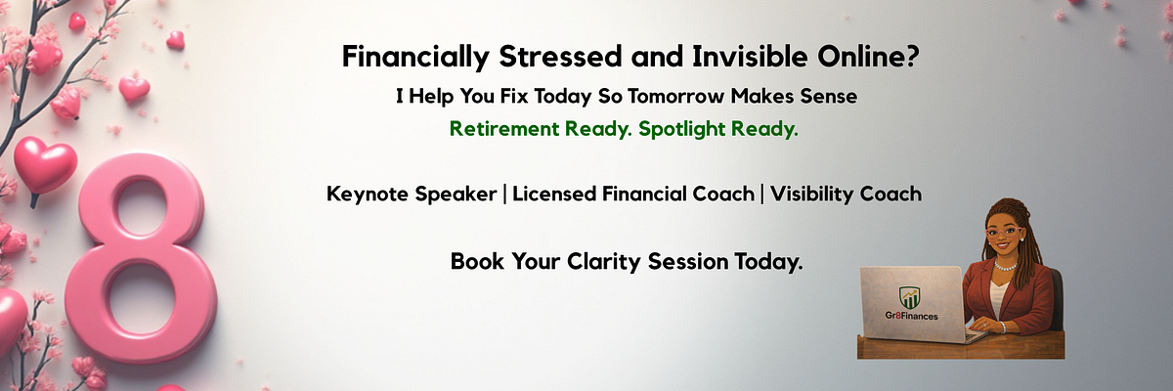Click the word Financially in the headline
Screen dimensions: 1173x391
415,57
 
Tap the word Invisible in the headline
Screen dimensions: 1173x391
750,56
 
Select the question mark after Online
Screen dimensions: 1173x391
912,56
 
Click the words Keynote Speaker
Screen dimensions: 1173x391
412,195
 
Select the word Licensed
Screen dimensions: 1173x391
554,195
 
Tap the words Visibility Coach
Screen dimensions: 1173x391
846,195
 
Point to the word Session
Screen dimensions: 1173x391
688,262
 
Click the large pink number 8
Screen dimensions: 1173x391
141,258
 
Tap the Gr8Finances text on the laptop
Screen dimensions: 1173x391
912,316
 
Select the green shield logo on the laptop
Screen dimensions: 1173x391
910,297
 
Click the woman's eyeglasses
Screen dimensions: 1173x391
1003,232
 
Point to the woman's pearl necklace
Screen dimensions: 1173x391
1005,266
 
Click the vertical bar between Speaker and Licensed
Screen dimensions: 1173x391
504,195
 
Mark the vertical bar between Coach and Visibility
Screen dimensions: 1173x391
761,195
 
